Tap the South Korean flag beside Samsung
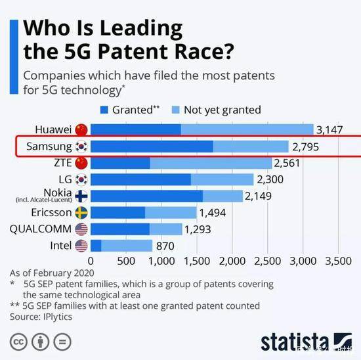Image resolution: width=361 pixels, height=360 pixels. (x=81, y=146)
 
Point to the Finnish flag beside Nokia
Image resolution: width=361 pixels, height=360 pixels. (x=81, y=196)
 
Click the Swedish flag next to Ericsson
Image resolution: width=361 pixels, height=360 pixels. (x=81, y=212)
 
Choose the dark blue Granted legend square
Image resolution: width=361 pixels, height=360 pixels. (x=103, y=110)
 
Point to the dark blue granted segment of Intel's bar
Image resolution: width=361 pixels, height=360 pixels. (x=96, y=246)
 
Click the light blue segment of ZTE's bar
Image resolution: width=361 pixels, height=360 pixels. (x=210, y=162)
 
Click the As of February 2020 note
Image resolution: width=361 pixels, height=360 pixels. (x=53, y=272)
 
